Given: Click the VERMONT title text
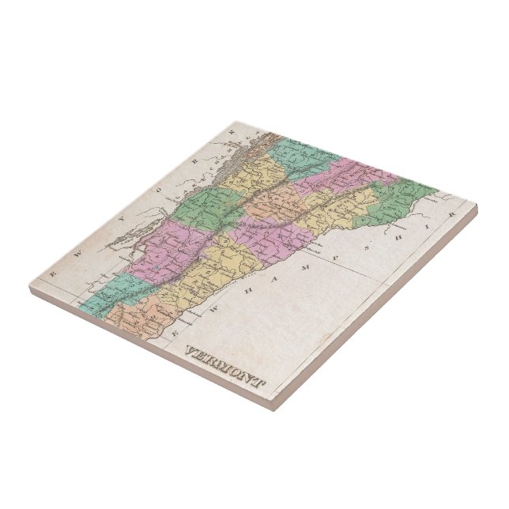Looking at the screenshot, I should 224,367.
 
